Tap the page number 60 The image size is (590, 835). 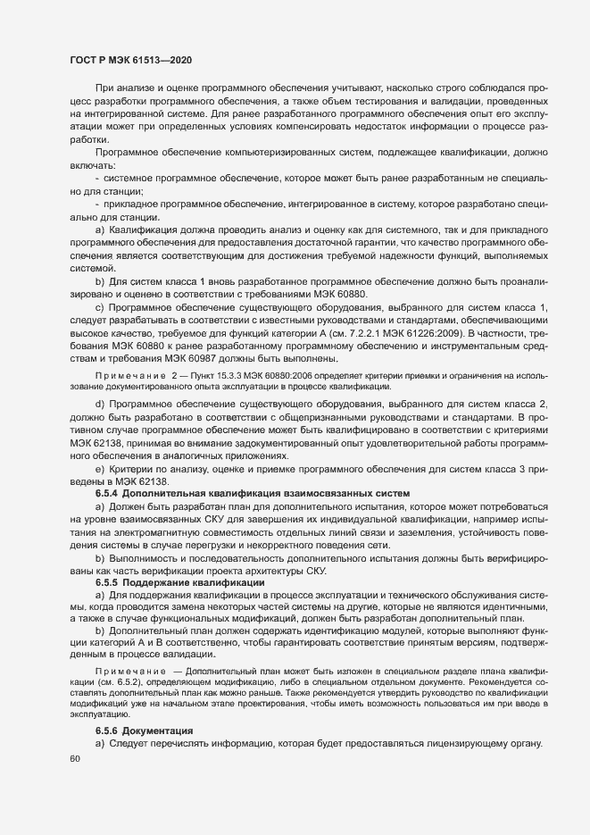tap(74, 758)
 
